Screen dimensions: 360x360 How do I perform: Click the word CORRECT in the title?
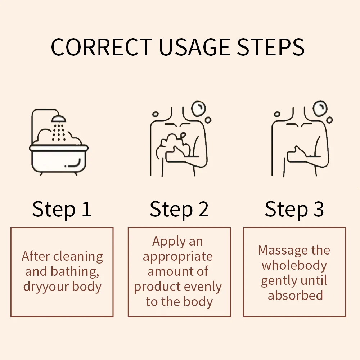point(101,47)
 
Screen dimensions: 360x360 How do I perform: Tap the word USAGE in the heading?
point(194,47)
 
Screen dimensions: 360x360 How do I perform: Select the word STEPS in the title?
point(271,47)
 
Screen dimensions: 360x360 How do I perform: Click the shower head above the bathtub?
point(59,119)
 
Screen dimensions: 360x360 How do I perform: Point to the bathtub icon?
point(59,159)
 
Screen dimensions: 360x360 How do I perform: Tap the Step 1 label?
point(62,209)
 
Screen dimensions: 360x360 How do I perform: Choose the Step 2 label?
point(179,209)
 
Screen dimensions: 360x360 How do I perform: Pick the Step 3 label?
point(294,209)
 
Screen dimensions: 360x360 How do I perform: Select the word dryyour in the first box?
point(46,287)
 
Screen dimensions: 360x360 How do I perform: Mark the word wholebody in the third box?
point(294,265)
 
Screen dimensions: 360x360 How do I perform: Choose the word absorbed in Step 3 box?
point(295,295)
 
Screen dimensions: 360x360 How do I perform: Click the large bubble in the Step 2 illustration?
point(198,109)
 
